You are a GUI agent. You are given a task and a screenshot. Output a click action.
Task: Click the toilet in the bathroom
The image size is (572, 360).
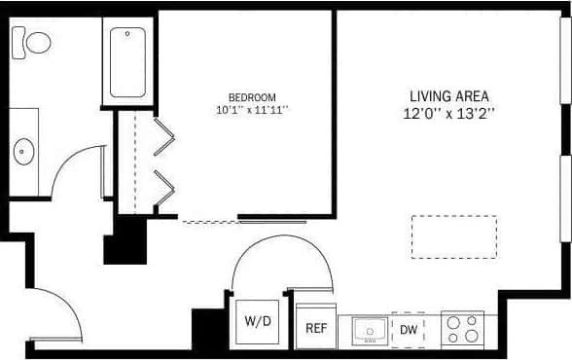pyautogui.click(x=34, y=42)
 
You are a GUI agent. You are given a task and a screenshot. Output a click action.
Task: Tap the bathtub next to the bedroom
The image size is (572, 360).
pyautogui.click(x=127, y=62)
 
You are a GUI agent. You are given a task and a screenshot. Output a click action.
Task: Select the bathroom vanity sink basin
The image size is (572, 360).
pyautogui.click(x=23, y=152)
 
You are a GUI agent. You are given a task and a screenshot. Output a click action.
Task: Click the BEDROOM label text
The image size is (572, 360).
pyautogui.click(x=252, y=97)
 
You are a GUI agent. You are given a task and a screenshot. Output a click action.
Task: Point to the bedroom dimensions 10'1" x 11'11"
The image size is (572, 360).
pyautogui.click(x=252, y=110)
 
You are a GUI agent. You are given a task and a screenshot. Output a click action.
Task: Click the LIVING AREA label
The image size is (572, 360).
pyautogui.click(x=448, y=96)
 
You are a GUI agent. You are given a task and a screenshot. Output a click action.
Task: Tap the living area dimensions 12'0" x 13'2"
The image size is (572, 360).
pyautogui.click(x=448, y=113)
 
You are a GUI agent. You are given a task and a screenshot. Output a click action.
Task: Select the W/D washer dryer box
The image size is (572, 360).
pyautogui.click(x=258, y=321)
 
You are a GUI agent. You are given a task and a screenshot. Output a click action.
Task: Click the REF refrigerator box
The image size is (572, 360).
pyautogui.click(x=316, y=328)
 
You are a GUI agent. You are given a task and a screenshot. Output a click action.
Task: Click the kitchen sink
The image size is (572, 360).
pyautogui.click(x=370, y=331)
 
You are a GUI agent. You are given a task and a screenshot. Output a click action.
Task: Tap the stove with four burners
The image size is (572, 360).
pyautogui.click(x=462, y=329)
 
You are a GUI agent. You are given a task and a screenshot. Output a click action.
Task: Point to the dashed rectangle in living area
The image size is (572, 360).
pyautogui.click(x=453, y=236)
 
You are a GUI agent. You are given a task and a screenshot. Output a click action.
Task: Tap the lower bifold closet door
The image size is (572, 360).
pyautogui.click(x=164, y=186)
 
